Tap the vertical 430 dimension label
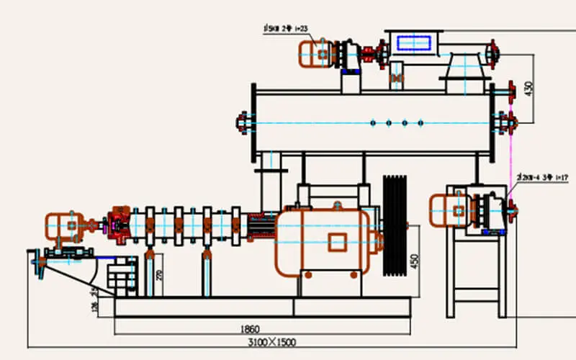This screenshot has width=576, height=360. tap(529, 88)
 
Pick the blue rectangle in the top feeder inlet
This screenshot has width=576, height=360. tap(412, 44)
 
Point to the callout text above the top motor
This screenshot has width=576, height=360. tap(286, 28)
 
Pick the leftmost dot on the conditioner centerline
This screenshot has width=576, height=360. tap(372, 123)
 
